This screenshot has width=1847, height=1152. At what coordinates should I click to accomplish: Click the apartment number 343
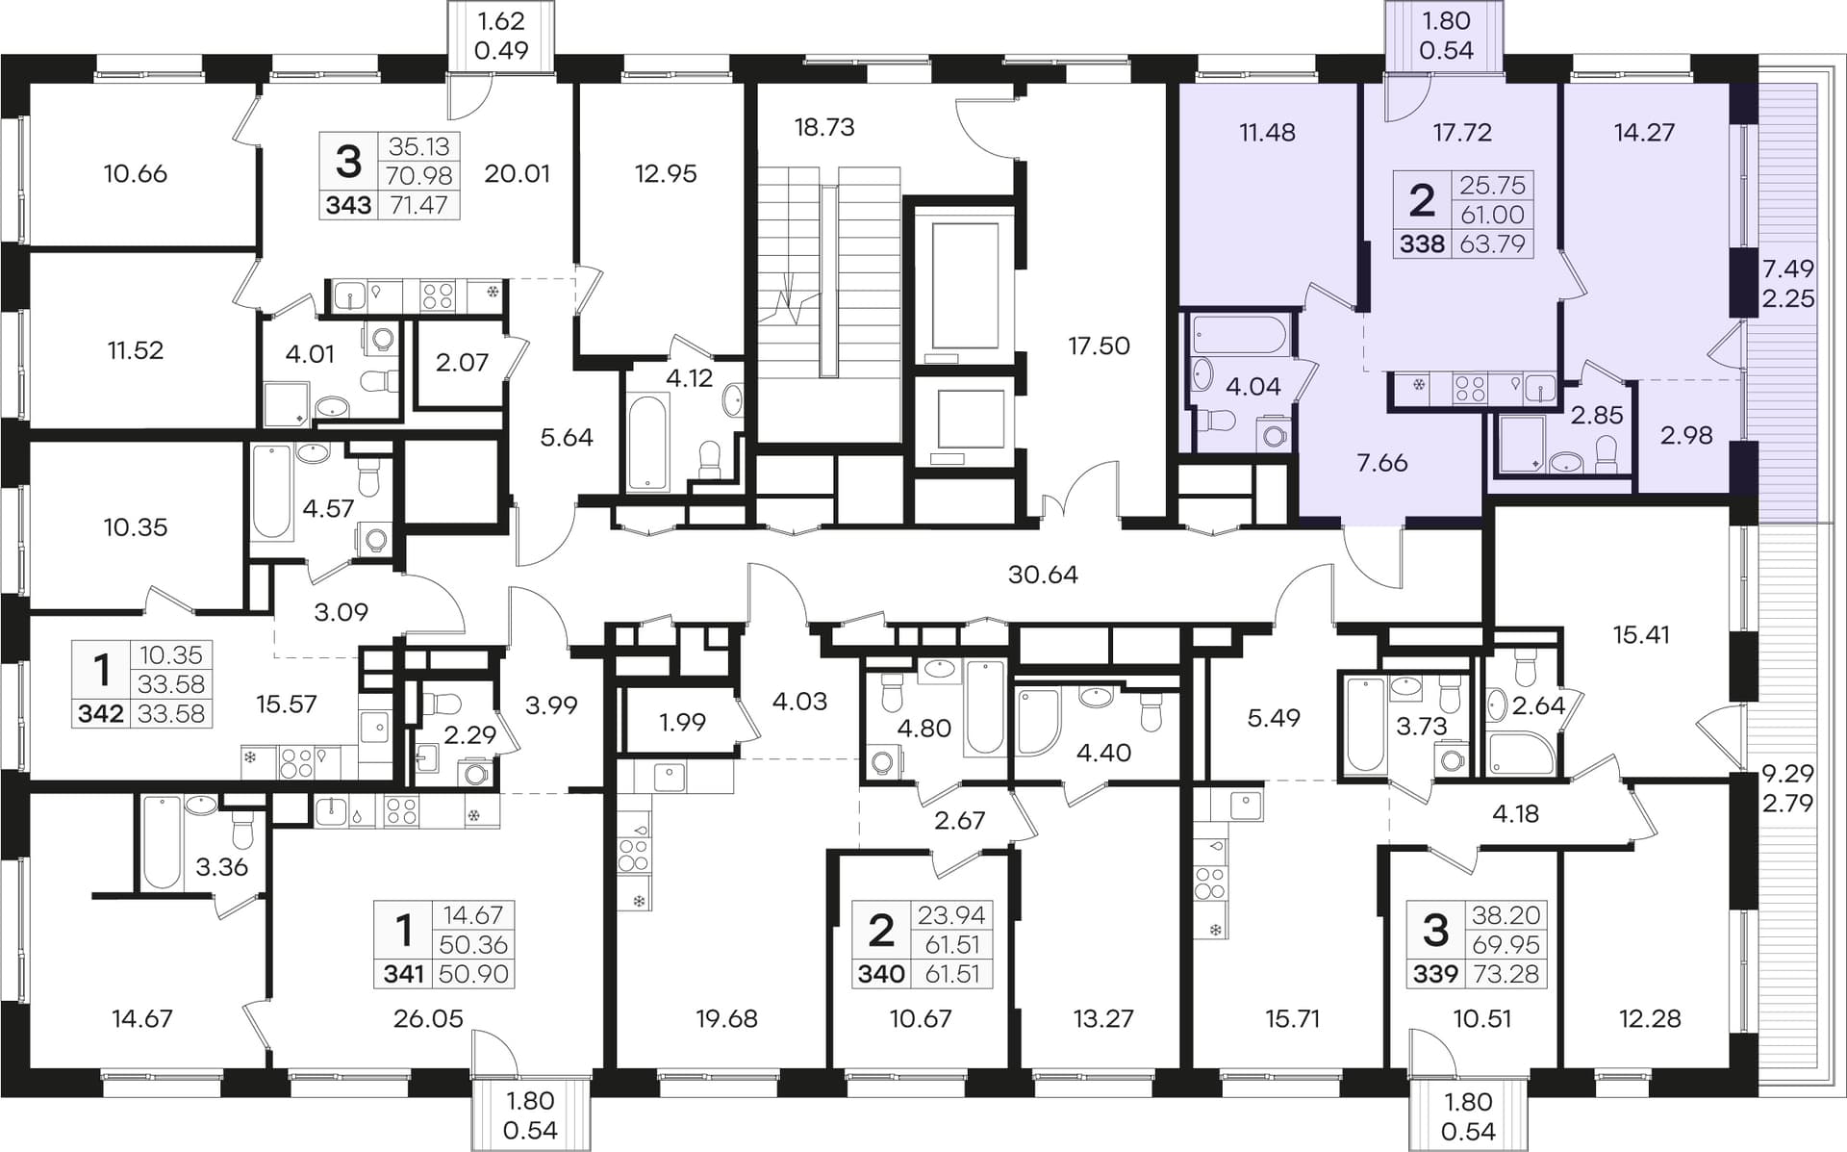348,205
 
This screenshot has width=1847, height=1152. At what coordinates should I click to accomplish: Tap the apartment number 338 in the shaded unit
1422,243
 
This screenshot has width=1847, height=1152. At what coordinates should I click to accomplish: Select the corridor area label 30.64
1043,575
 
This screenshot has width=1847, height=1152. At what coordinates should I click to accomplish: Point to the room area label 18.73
824,127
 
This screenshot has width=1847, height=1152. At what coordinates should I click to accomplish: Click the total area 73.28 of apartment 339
1505,974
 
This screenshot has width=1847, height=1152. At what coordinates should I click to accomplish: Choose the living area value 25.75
1492,185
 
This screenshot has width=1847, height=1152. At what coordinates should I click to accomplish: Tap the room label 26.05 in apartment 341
428,1018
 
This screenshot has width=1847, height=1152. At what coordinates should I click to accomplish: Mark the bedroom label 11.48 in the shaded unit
1267,132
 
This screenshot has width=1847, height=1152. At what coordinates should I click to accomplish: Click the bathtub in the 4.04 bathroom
1238,334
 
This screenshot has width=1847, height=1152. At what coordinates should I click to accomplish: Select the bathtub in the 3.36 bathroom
162,841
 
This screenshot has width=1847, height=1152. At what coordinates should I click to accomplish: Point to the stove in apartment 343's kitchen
438,295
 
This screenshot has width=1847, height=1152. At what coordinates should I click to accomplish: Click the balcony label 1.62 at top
500,20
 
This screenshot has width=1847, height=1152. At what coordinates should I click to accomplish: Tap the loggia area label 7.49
1788,269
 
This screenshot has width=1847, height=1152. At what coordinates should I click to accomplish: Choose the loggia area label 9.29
1788,773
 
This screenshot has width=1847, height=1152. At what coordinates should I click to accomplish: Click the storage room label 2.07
462,363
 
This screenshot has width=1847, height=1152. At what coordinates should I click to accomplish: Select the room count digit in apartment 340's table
881,931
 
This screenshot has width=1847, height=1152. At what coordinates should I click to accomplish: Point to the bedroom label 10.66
135,174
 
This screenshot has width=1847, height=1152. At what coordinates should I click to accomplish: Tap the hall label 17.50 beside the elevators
1099,346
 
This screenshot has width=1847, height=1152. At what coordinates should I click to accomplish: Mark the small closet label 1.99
682,722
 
